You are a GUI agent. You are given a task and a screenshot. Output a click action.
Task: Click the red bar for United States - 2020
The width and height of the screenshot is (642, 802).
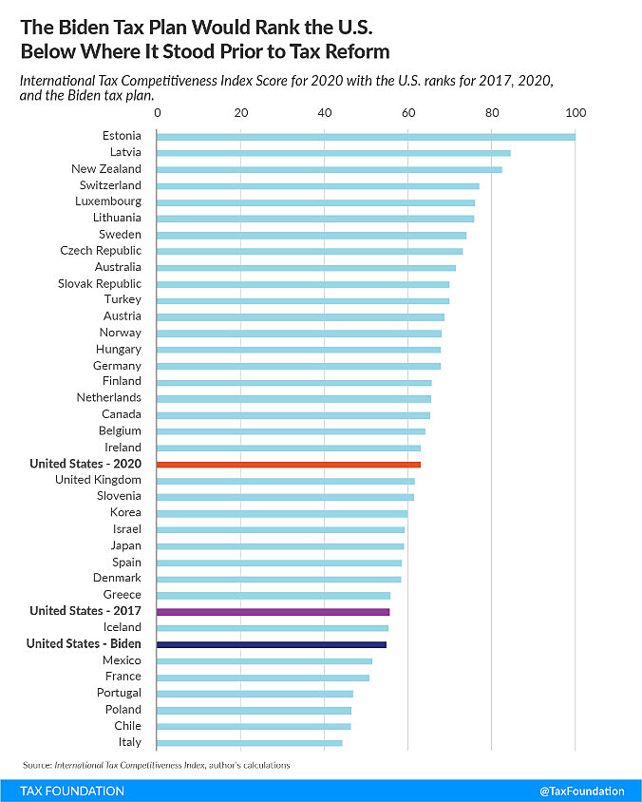(289, 464)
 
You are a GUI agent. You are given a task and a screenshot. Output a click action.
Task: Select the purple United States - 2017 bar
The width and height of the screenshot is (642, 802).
(274, 611)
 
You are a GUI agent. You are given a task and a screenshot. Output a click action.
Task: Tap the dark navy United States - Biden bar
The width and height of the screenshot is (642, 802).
(272, 644)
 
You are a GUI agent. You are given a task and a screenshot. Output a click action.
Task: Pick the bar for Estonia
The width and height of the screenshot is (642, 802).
(366, 136)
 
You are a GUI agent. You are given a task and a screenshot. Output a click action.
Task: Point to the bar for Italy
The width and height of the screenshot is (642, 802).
(250, 742)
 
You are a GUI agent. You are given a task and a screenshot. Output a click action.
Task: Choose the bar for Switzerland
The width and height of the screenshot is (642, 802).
(318, 185)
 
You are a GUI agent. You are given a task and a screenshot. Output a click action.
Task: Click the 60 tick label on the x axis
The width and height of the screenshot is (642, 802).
(408, 113)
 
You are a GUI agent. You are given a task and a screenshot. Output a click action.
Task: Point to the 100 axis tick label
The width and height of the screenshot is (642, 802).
(576, 113)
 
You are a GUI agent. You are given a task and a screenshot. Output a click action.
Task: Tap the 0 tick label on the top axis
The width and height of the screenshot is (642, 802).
(158, 113)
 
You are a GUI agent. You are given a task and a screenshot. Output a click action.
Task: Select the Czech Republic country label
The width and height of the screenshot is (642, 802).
(101, 251)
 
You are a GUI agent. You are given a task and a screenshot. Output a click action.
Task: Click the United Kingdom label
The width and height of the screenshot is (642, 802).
(98, 480)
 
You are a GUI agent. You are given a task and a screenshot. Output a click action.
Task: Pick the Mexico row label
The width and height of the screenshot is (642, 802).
(122, 660)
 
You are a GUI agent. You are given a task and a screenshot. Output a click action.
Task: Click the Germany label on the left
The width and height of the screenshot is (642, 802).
(117, 366)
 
